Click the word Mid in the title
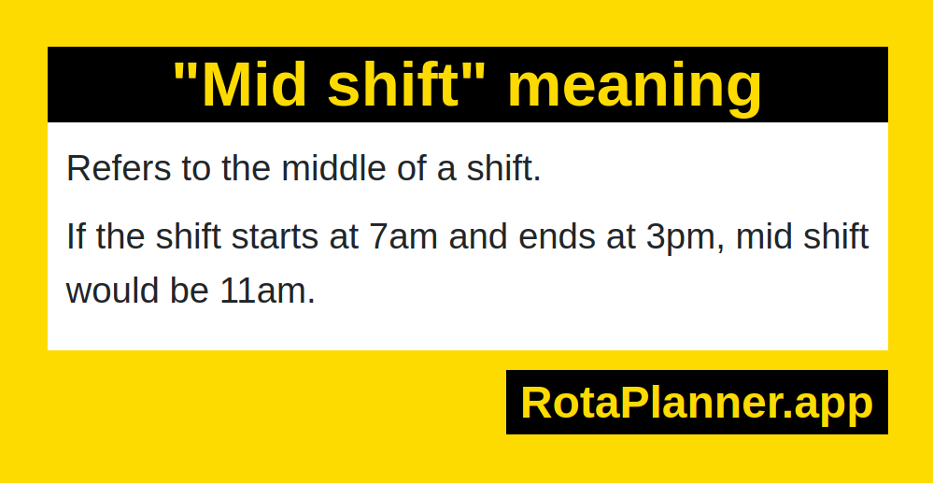[257, 86]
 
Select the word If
[77, 235]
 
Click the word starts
[275, 236]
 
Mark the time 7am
[404, 237]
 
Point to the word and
[479, 235]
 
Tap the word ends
[558, 235]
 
